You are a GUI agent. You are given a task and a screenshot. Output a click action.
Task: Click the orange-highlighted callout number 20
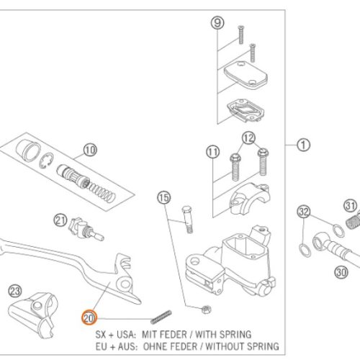(x=89, y=318)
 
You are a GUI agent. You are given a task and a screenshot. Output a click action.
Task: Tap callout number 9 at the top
(x=217, y=23)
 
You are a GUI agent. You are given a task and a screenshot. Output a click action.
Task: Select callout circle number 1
(x=303, y=145)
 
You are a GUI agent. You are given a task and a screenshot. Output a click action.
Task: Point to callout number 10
(x=90, y=150)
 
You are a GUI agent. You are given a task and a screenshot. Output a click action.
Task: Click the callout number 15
(x=164, y=198)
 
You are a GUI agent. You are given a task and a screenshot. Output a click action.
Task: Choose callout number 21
(x=60, y=220)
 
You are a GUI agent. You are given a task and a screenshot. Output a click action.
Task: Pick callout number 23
(x=15, y=291)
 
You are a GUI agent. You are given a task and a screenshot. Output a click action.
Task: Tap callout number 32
(x=304, y=212)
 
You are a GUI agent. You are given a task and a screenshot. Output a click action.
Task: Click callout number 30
(x=341, y=272)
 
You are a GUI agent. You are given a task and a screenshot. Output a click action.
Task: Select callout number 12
(x=248, y=138)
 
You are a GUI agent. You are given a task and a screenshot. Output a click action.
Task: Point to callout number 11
(x=213, y=152)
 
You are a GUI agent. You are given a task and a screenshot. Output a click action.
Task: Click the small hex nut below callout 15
(x=206, y=310)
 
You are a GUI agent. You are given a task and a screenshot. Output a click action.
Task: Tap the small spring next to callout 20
(x=161, y=317)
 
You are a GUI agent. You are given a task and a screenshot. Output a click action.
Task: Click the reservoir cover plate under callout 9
(x=246, y=74)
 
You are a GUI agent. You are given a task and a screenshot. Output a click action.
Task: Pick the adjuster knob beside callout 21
(x=86, y=229)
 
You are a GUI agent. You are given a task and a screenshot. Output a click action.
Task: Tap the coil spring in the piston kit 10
(x=102, y=192)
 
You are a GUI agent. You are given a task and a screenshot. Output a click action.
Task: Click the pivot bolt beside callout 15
(x=188, y=219)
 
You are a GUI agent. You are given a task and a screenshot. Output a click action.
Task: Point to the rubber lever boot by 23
(x=34, y=315)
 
